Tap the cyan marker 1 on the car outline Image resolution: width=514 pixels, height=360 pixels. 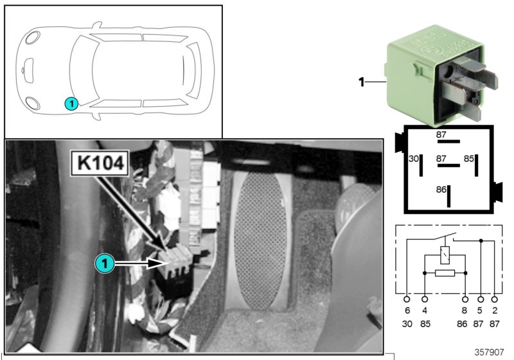(x=71, y=102)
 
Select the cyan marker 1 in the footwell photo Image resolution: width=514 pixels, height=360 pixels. (x=105, y=263)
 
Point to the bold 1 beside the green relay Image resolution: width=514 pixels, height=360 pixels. (x=361, y=82)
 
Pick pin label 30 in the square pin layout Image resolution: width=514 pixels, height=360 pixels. (x=414, y=158)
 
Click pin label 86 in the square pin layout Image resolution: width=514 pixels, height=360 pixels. (x=441, y=190)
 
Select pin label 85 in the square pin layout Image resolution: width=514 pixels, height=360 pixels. (x=469, y=158)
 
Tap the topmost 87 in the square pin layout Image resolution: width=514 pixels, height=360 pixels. (x=441, y=135)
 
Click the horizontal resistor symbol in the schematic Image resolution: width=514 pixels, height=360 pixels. (x=445, y=273)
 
